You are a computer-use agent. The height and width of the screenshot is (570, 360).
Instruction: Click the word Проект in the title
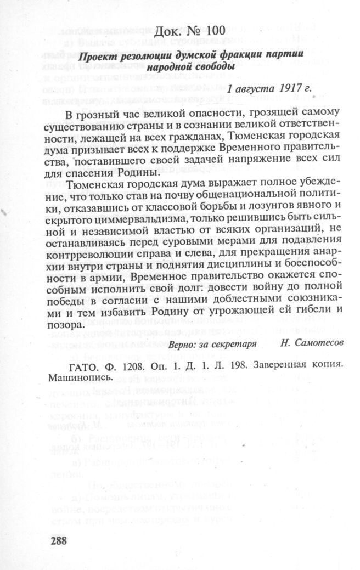pos(94,57)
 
